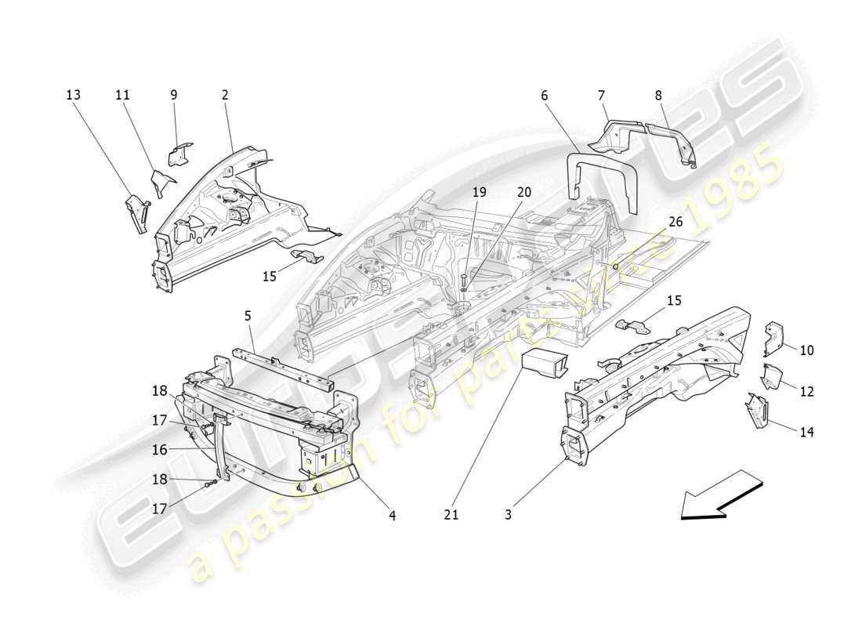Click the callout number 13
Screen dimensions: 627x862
point(73,95)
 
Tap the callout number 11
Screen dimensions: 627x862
point(122,95)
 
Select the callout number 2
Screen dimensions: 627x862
point(225,95)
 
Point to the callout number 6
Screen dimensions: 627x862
point(544,95)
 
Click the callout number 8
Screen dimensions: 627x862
point(658,95)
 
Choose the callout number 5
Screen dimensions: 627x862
point(248,317)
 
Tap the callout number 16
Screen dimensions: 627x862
point(160,451)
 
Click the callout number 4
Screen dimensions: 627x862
point(392,515)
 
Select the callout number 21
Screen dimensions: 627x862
point(451,515)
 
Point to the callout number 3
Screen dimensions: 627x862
point(508,515)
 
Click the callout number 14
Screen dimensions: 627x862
point(806,431)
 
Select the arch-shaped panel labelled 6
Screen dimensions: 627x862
point(601,172)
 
